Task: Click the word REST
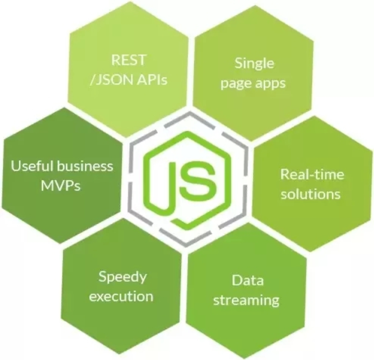coord(128,60)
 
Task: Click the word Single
coord(254,64)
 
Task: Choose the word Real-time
coord(312,174)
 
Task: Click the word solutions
coord(311,194)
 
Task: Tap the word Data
coord(248,280)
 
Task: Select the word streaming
coord(246,301)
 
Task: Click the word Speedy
coord(123,277)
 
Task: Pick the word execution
coord(121,297)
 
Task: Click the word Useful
coord(32,166)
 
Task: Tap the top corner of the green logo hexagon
coord(188,132)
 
